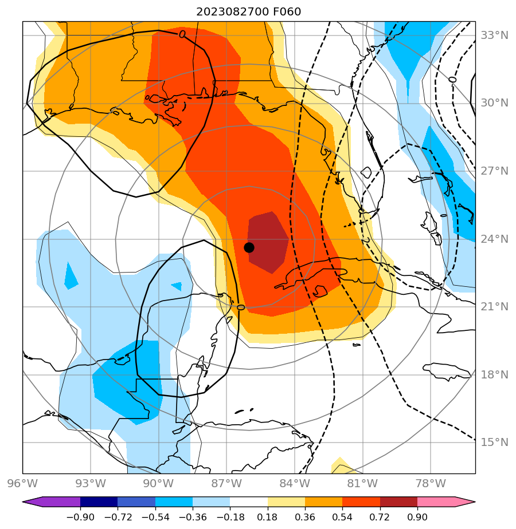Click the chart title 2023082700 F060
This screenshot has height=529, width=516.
(248, 11)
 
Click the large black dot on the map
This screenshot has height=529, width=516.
(249, 247)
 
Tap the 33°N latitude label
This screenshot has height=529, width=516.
(494, 35)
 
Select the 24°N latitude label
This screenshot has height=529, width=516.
(494, 239)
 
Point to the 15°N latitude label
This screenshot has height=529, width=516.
(494, 443)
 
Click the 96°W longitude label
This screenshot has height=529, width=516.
(23, 484)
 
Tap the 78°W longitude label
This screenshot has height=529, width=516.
(430, 484)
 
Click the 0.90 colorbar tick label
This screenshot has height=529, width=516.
(417, 518)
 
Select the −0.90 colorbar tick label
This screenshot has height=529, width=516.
(80, 518)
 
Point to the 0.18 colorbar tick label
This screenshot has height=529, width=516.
(267, 518)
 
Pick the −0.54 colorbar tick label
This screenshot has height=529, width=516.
(155, 518)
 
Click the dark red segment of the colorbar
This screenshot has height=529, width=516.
(398, 502)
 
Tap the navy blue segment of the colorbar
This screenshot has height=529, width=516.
(99, 502)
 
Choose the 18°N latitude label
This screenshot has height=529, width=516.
(494, 375)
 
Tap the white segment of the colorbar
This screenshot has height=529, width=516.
(249, 502)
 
